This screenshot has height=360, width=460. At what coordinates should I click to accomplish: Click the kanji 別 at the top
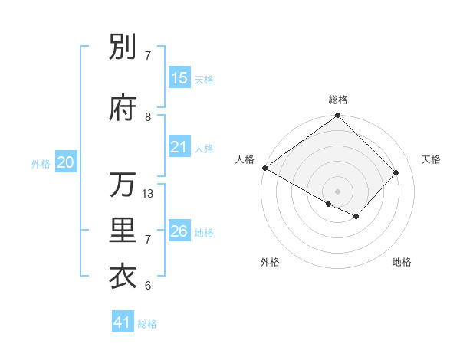click(123, 47)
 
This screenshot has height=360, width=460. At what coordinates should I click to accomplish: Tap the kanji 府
click(123, 110)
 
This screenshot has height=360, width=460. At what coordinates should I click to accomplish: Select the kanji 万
click(123, 185)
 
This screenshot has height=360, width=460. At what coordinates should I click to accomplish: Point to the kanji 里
click(123, 231)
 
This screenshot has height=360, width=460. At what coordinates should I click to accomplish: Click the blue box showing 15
click(179, 78)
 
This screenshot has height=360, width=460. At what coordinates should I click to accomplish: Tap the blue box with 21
click(179, 147)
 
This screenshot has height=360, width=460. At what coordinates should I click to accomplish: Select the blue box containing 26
click(179, 231)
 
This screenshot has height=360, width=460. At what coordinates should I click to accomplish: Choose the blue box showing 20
click(66, 162)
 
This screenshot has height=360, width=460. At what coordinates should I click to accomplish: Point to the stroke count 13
click(149, 194)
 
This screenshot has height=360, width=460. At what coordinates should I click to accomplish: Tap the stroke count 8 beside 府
click(148, 117)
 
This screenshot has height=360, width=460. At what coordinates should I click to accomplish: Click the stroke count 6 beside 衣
click(148, 286)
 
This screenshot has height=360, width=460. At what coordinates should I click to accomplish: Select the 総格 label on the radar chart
click(338, 100)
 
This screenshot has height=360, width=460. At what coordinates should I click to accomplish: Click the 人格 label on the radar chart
click(245, 159)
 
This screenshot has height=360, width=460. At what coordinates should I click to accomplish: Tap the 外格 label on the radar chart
click(270, 262)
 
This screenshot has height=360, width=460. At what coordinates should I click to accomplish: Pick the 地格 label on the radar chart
click(402, 262)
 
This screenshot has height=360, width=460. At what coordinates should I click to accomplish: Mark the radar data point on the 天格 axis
click(396, 172)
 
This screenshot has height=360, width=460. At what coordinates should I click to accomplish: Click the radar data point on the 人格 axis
click(264, 168)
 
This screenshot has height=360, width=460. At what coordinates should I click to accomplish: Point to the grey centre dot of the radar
click(337, 191)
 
